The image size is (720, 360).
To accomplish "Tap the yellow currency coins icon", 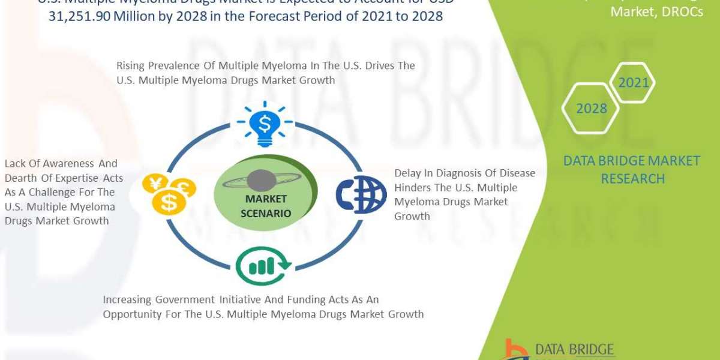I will pyautogui.click(x=169, y=194).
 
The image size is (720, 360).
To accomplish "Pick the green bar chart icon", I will pyautogui.click(x=264, y=265).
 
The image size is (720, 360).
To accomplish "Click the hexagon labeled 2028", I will pyautogui.click(x=592, y=109).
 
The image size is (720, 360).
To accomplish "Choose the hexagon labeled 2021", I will pyautogui.click(x=634, y=82).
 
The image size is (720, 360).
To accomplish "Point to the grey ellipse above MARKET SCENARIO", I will pyautogui.click(x=262, y=180).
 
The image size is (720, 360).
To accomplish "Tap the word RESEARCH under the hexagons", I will pyautogui.click(x=633, y=179).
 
